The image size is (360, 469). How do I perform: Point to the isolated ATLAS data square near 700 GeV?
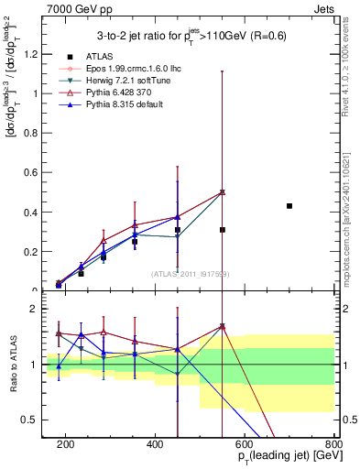[x=289, y=206]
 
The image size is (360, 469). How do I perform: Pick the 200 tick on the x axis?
[x=66, y=444]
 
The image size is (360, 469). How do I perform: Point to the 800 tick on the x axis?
[x=333, y=444]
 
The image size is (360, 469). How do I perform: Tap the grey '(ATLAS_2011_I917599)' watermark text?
[x=190, y=273]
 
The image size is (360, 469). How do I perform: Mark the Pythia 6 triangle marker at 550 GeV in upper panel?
[x=223, y=192]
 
